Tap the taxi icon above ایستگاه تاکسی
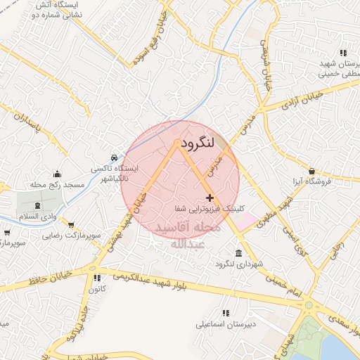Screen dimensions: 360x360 pyautogui.click(x=114, y=157)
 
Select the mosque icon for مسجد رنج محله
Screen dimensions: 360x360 pyautogui.click(x=58, y=174)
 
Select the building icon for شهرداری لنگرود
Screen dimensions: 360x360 pyautogui.click(x=240, y=252)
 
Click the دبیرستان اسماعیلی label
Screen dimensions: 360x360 pyautogui.click(x=226, y=326)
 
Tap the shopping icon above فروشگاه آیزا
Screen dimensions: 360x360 pyautogui.click(x=311, y=170)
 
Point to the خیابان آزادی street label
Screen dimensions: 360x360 pyautogui.click(x=302, y=100)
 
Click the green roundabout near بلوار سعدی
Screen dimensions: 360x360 pyautogui.click(x=308, y=305)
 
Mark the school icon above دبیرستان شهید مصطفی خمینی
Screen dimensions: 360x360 pyautogui.click(x=343, y=53)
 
